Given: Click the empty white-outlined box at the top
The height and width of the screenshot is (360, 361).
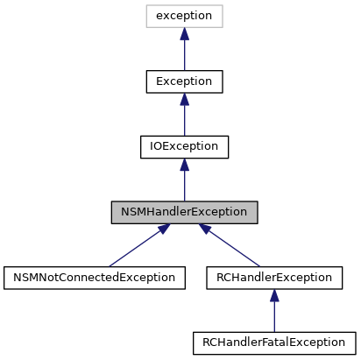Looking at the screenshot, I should click(x=184, y=16).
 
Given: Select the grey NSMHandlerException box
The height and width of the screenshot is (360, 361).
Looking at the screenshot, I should click(x=184, y=212).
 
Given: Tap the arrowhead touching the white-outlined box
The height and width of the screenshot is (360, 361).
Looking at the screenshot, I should click(x=184, y=34).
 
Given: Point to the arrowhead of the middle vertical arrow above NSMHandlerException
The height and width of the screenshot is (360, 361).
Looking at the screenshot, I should click(x=184, y=99).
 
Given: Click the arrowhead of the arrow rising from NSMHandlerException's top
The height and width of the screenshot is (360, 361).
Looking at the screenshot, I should click(x=184, y=165).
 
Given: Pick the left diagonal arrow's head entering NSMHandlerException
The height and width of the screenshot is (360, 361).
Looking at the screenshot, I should click(x=164, y=228).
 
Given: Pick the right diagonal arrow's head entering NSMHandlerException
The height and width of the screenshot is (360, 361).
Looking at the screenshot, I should click(x=204, y=228).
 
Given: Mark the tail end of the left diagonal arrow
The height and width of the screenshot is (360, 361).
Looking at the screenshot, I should click(x=110, y=265).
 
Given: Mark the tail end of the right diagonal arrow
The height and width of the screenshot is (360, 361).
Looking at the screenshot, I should click(x=260, y=265).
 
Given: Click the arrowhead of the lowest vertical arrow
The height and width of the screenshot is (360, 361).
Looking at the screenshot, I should click(x=274, y=296).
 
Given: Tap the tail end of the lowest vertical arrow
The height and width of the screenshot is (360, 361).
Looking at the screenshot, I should click(x=274, y=331).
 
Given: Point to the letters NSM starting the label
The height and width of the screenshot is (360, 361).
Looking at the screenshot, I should click(x=131, y=212).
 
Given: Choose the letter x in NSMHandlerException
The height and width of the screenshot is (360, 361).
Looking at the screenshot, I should click(x=206, y=213).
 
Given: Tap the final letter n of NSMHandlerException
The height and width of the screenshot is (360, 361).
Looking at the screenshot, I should click(x=244, y=213).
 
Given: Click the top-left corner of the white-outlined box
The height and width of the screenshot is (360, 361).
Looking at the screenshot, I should click(x=146, y=5).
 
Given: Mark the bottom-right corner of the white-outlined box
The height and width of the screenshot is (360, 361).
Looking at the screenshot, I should click(x=223, y=27).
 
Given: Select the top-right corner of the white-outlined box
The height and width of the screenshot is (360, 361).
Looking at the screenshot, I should click(x=223, y=5).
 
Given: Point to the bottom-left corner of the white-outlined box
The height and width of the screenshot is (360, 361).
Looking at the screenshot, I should click(x=146, y=27).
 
